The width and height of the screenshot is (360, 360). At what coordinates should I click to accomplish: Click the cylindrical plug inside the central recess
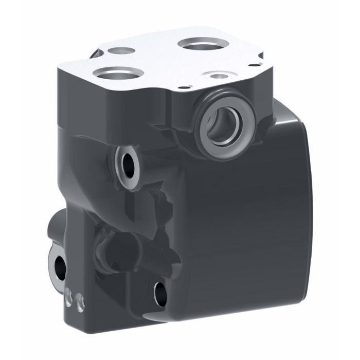(118, 247)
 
